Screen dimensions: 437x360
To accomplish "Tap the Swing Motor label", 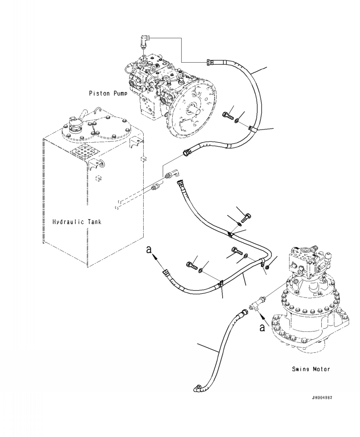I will pyautogui.click(x=311, y=369).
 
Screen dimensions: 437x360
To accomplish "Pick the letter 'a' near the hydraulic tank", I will pyautogui.click(x=148, y=251).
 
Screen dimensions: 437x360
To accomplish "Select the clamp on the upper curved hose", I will pyautogui.click(x=251, y=131).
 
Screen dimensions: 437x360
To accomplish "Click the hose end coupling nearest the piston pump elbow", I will pyautogui.click(x=210, y=62).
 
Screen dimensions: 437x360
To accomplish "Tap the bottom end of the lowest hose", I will pyautogui.click(x=196, y=388).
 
